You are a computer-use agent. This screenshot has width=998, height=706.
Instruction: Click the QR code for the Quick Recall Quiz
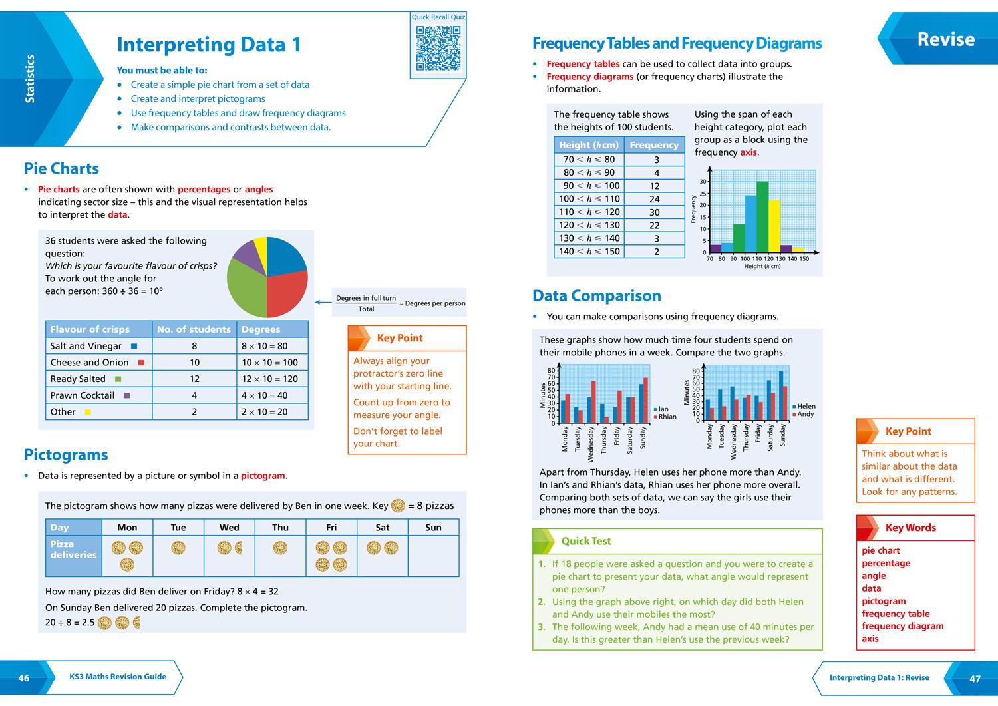(x=438, y=48)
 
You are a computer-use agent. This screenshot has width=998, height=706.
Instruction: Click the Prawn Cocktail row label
(x=83, y=395)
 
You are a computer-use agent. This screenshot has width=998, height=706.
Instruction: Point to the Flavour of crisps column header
(x=90, y=329)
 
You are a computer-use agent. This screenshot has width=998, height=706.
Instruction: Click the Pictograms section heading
(x=66, y=455)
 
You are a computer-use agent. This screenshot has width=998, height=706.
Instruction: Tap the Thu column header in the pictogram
(x=280, y=528)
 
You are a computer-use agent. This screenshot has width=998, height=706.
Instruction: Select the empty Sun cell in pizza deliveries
(x=433, y=556)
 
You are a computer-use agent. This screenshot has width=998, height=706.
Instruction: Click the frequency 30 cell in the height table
(x=654, y=212)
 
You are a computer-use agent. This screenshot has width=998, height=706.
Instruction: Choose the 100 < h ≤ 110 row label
(x=589, y=199)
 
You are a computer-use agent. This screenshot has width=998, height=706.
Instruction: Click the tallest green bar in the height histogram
(x=762, y=216)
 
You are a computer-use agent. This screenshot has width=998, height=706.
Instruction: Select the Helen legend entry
(x=805, y=406)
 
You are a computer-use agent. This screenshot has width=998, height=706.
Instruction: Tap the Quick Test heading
(x=585, y=541)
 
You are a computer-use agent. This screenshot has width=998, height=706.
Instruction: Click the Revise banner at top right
(x=945, y=39)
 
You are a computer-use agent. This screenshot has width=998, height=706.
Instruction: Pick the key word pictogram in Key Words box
(x=884, y=601)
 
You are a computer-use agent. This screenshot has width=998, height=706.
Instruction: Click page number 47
(x=975, y=679)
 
